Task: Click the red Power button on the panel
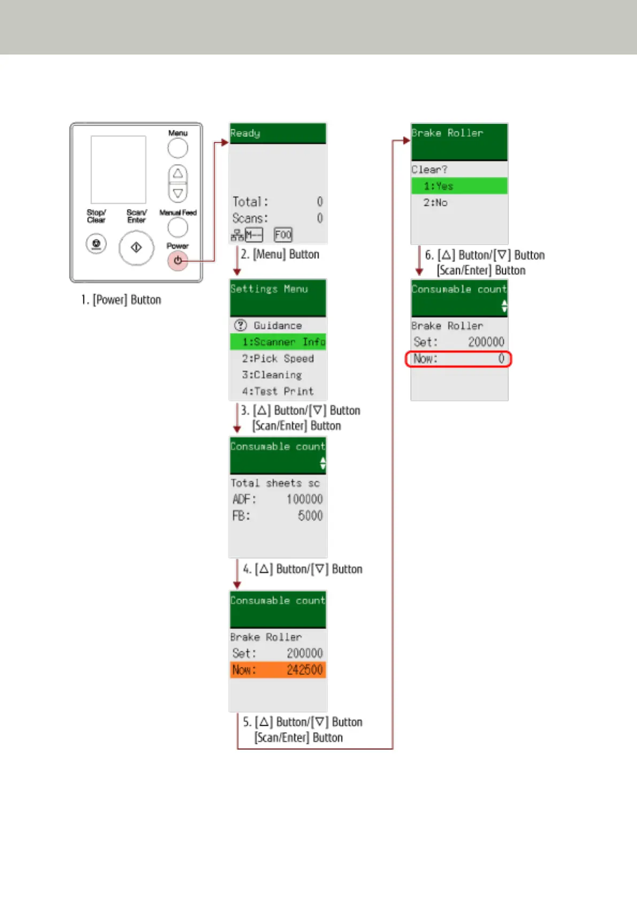pos(178,261)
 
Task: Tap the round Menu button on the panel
pos(178,148)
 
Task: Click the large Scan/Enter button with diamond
pos(136,247)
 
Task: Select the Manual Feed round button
pos(178,228)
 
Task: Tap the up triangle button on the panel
pos(178,174)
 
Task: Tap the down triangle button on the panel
pos(178,192)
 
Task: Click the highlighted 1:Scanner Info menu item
pos(278,342)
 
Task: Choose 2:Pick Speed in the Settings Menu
pos(278,359)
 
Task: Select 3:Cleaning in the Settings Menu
pos(272,375)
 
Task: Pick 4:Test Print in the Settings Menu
pos(278,392)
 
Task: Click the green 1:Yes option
pos(459,186)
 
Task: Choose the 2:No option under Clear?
pos(435,203)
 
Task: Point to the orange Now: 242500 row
pos(278,670)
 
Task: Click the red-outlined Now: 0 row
pos(458,359)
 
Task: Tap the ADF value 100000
pos(304,499)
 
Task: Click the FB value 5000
pos(310,516)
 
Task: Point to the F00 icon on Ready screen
pos(283,235)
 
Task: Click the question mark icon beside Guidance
pos(241,325)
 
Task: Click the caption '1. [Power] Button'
pos(121,300)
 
